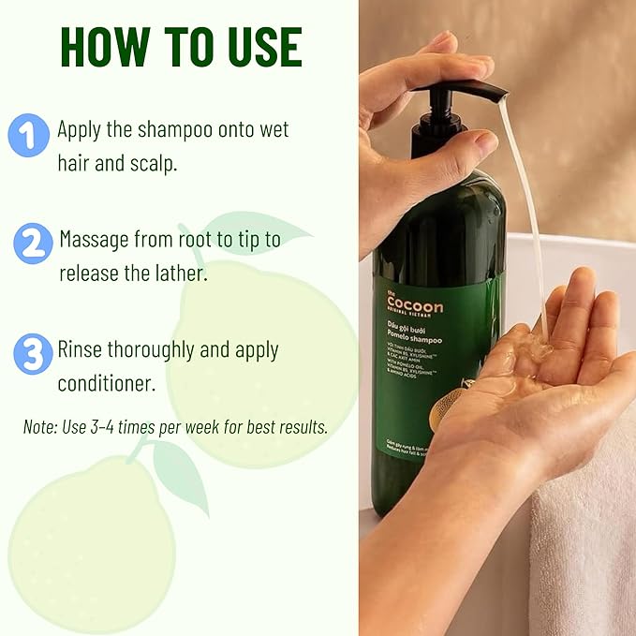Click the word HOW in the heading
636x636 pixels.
(x=97, y=47)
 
